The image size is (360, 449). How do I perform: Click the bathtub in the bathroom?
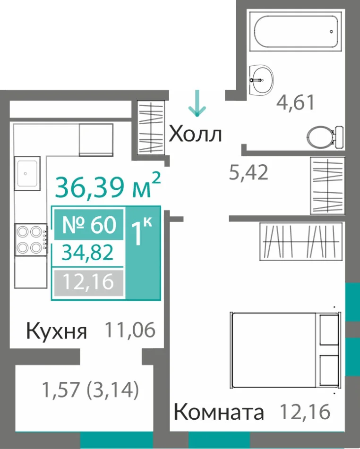coord(296,32)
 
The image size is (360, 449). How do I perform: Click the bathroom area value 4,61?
coord(295,102)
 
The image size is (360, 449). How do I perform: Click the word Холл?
coord(195,134)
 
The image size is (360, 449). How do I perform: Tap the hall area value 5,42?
coord(249,172)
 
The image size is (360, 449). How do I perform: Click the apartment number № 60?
coord(89,225)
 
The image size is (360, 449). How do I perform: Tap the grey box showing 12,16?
coord(89,283)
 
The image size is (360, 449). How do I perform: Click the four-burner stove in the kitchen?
coord(31,240)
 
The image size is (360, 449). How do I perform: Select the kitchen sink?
coord(27,173)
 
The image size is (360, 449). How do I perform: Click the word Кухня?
coord(57,331)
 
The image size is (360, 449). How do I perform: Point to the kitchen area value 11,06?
coord(130,330)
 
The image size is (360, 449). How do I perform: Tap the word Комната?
coord(219,412)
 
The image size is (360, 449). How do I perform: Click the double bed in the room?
coord(285,350)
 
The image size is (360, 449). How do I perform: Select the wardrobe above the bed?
coord(301,242)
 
